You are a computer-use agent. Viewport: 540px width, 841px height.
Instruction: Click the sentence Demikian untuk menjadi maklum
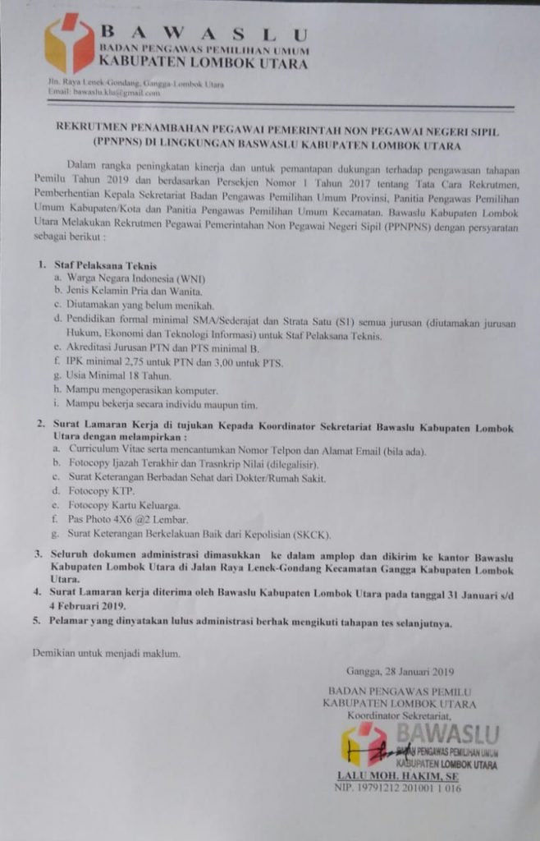[x=105, y=654]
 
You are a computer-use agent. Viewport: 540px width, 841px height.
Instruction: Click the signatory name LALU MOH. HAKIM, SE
[x=397, y=775]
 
